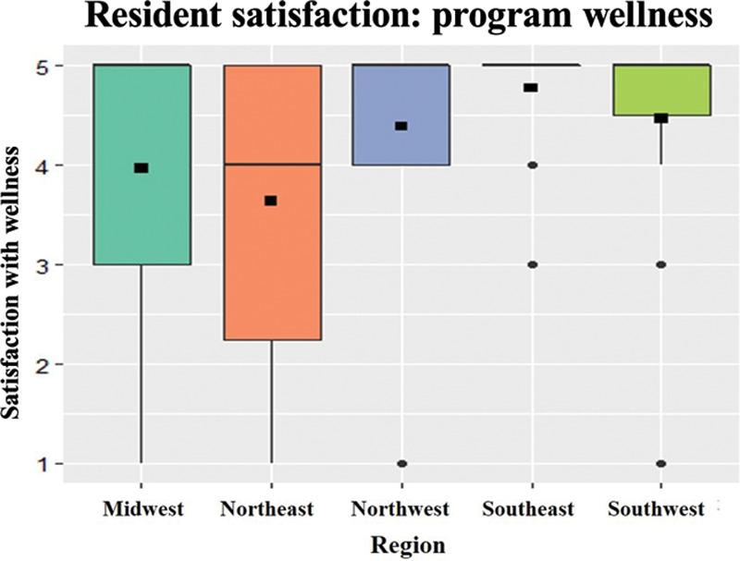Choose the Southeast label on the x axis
(532, 509)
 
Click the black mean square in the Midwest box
(141, 167)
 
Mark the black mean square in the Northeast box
(271, 201)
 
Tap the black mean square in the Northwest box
(401, 126)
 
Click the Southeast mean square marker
(531, 88)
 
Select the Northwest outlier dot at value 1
(401, 463)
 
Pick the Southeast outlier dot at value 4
(532, 165)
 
